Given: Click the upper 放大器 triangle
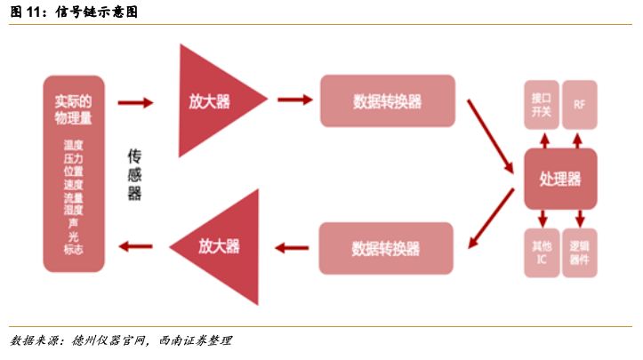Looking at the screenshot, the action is [209, 100].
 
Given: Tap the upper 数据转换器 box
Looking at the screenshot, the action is [388, 100].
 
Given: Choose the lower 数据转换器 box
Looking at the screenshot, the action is [386, 248].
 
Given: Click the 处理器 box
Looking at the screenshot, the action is [560, 179].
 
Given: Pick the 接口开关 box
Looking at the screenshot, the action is [542, 105].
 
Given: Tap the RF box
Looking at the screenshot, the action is [580, 105].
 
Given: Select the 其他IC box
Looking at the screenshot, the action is [542, 252].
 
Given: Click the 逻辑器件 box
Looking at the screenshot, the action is [580, 252].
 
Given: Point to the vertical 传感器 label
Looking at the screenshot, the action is [134, 175].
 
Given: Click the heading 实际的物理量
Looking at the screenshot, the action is [74, 109].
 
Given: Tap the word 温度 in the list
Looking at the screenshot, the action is [74, 145].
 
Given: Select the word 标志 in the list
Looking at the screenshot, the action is [74, 249].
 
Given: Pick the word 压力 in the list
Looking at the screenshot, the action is [74, 158].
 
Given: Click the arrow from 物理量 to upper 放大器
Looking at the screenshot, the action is [135, 102].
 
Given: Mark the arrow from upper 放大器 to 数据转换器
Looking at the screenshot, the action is [295, 100].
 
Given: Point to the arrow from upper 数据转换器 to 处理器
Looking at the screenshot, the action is [490, 136].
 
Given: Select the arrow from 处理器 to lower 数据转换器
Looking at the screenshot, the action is [491, 218].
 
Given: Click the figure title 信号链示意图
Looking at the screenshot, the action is [96, 12].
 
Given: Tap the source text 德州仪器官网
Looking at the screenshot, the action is [109, 340].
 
